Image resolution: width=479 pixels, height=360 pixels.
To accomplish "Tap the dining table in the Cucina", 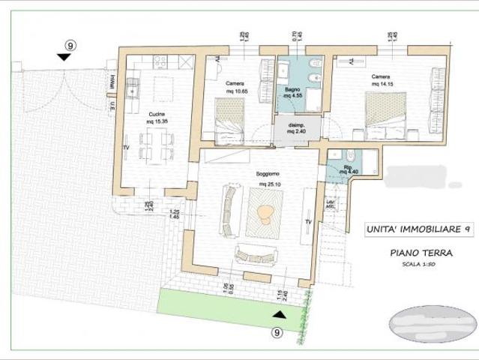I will coord(156,146).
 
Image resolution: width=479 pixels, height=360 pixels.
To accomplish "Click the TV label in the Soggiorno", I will coord(307,222).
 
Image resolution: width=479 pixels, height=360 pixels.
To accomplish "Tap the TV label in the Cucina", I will coord(126,148).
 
